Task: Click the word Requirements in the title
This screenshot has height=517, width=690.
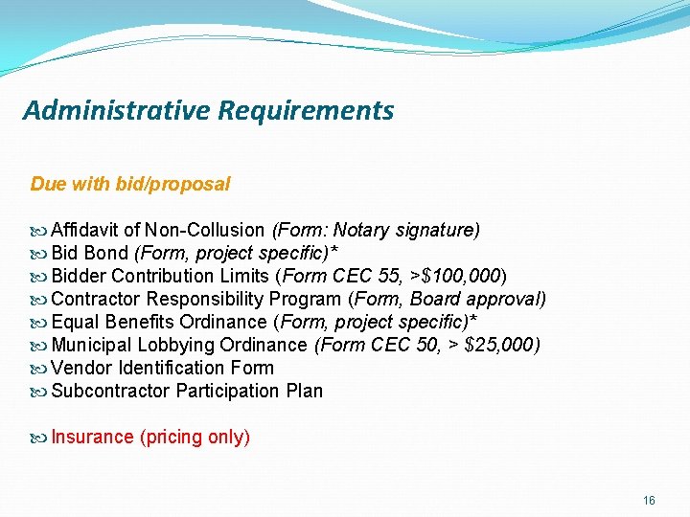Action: [306, 111]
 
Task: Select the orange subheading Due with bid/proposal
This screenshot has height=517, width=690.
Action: [130, 183]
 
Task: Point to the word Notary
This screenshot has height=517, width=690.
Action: [363, 230]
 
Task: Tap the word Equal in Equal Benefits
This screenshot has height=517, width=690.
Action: [73, 322]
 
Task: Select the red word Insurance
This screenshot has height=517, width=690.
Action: [92, 438]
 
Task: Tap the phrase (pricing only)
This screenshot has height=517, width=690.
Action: [195, 438]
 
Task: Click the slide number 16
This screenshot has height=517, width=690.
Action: [649, 501]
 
